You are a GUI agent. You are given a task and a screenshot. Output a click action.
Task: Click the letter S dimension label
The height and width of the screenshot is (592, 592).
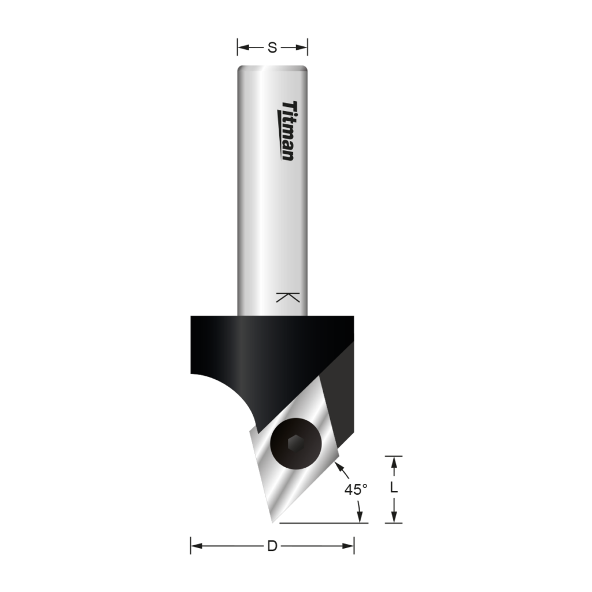(272, 48)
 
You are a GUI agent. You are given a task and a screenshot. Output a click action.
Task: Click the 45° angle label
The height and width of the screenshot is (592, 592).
(356, 490)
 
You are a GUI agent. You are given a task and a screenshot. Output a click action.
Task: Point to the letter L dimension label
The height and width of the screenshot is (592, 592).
(394, 488)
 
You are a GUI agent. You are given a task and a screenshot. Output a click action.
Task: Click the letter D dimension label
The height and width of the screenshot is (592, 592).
(272, 546)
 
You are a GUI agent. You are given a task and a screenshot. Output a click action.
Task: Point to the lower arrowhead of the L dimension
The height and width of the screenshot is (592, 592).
(394, 517)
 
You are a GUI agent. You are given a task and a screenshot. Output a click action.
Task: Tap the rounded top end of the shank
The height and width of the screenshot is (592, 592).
(272, 71)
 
